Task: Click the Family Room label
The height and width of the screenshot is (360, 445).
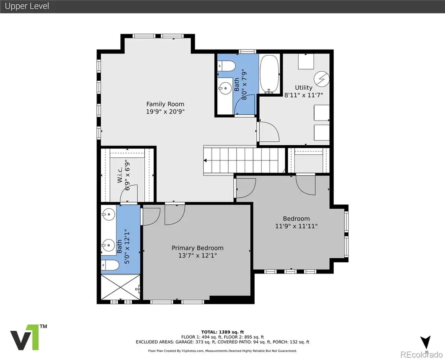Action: [165, 104]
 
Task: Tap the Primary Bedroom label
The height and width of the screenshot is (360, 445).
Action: [198, 248]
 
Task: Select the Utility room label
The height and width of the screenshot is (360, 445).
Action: [304, 88]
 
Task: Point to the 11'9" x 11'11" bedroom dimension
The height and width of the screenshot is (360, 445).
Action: [296, 226]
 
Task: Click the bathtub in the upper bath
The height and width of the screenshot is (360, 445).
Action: [269, 74]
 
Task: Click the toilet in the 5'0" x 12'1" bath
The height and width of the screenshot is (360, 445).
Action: [110, 266]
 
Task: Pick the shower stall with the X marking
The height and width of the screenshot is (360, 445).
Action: [121, 287]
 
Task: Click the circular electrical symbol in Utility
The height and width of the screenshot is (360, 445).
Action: [322, 79]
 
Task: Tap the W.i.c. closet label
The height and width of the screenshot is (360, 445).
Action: [120, 175]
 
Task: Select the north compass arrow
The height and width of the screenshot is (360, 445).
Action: [426, 342]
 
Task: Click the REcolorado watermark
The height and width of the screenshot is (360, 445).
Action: [422, 354]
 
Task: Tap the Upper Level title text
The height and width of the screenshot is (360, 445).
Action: [27, 6]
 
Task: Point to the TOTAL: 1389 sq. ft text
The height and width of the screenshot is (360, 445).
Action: [222, 332]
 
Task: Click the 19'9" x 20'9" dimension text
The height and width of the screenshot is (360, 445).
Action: [165, 112]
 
